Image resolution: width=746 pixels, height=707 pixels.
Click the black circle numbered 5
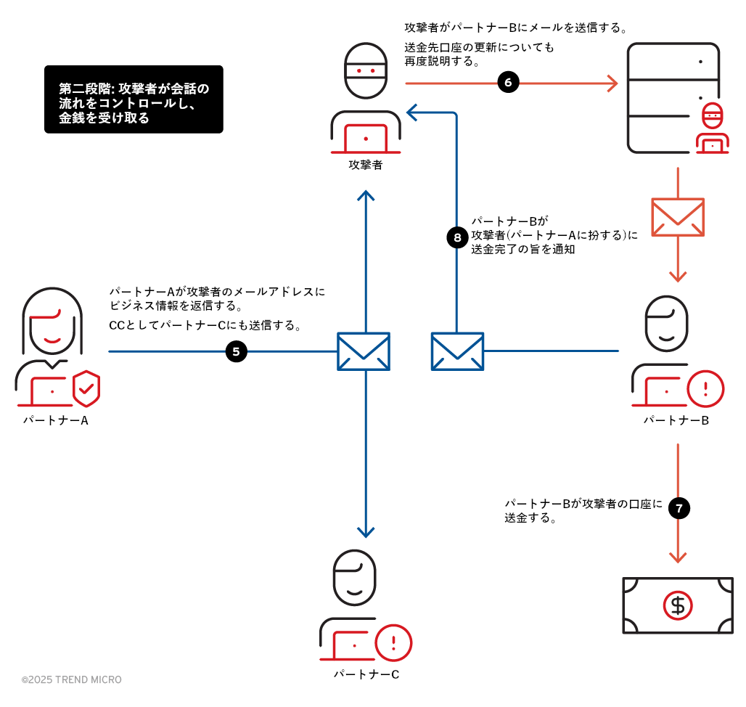point(237,352)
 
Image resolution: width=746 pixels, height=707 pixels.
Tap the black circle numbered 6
point(508,83)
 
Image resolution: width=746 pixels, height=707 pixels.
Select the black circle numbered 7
point(679,508)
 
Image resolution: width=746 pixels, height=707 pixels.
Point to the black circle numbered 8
point(457,237)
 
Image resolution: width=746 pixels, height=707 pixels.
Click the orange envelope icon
point(678,217)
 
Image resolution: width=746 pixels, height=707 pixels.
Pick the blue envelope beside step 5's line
point(364,351)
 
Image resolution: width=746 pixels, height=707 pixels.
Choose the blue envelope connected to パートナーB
point(457,351)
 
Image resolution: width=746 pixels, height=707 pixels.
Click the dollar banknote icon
point(678,605)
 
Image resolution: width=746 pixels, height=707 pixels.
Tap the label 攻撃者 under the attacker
point(366,165)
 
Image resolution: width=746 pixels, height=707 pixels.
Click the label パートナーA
point(56,420)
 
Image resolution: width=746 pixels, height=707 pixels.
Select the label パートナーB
point(676,420)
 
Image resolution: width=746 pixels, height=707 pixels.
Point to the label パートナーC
point(366,674)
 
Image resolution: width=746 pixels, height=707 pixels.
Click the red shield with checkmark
point(86,388)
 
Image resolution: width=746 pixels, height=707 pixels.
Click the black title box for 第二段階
point(134,99)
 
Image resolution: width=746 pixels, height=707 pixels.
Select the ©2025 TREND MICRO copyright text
point(71,680)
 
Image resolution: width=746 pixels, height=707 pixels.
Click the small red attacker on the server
point(713,129)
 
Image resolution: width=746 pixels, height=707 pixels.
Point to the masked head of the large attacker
point(366,70)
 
